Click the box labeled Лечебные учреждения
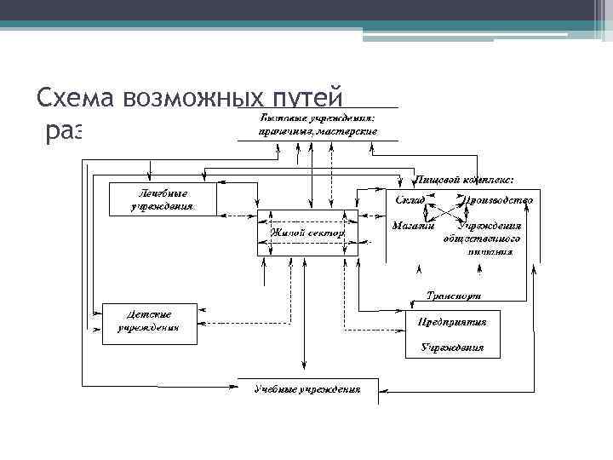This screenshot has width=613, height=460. tap(162, 199)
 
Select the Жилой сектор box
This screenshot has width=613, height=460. tap(307, 232)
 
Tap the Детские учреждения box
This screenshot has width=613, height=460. tap(149, 323)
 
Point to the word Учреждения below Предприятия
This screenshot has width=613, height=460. tap(453, 348)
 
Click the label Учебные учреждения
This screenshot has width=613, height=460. tap(307, 390)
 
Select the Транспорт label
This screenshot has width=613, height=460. tap(453, 296)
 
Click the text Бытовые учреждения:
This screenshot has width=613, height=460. tap(318, 118)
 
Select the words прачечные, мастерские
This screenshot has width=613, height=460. tap(318, 132)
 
